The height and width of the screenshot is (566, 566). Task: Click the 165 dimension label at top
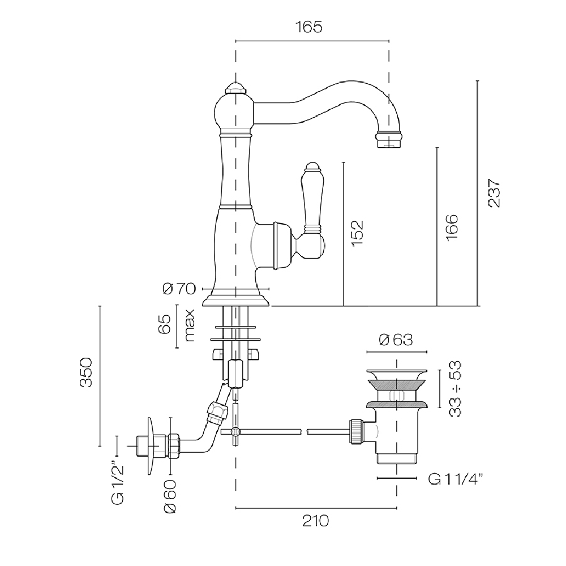308,27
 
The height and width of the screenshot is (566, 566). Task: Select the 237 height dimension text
494,193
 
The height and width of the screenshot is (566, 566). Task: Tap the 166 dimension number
452,228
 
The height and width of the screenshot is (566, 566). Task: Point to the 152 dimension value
357,234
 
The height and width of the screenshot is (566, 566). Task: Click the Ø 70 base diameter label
179,289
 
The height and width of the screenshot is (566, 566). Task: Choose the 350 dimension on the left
86,372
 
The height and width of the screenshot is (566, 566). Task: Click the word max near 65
190,325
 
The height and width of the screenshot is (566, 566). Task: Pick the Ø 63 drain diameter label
396,340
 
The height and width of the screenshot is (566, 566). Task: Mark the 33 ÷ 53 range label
456,389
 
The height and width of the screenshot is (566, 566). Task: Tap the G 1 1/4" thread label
456,479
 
